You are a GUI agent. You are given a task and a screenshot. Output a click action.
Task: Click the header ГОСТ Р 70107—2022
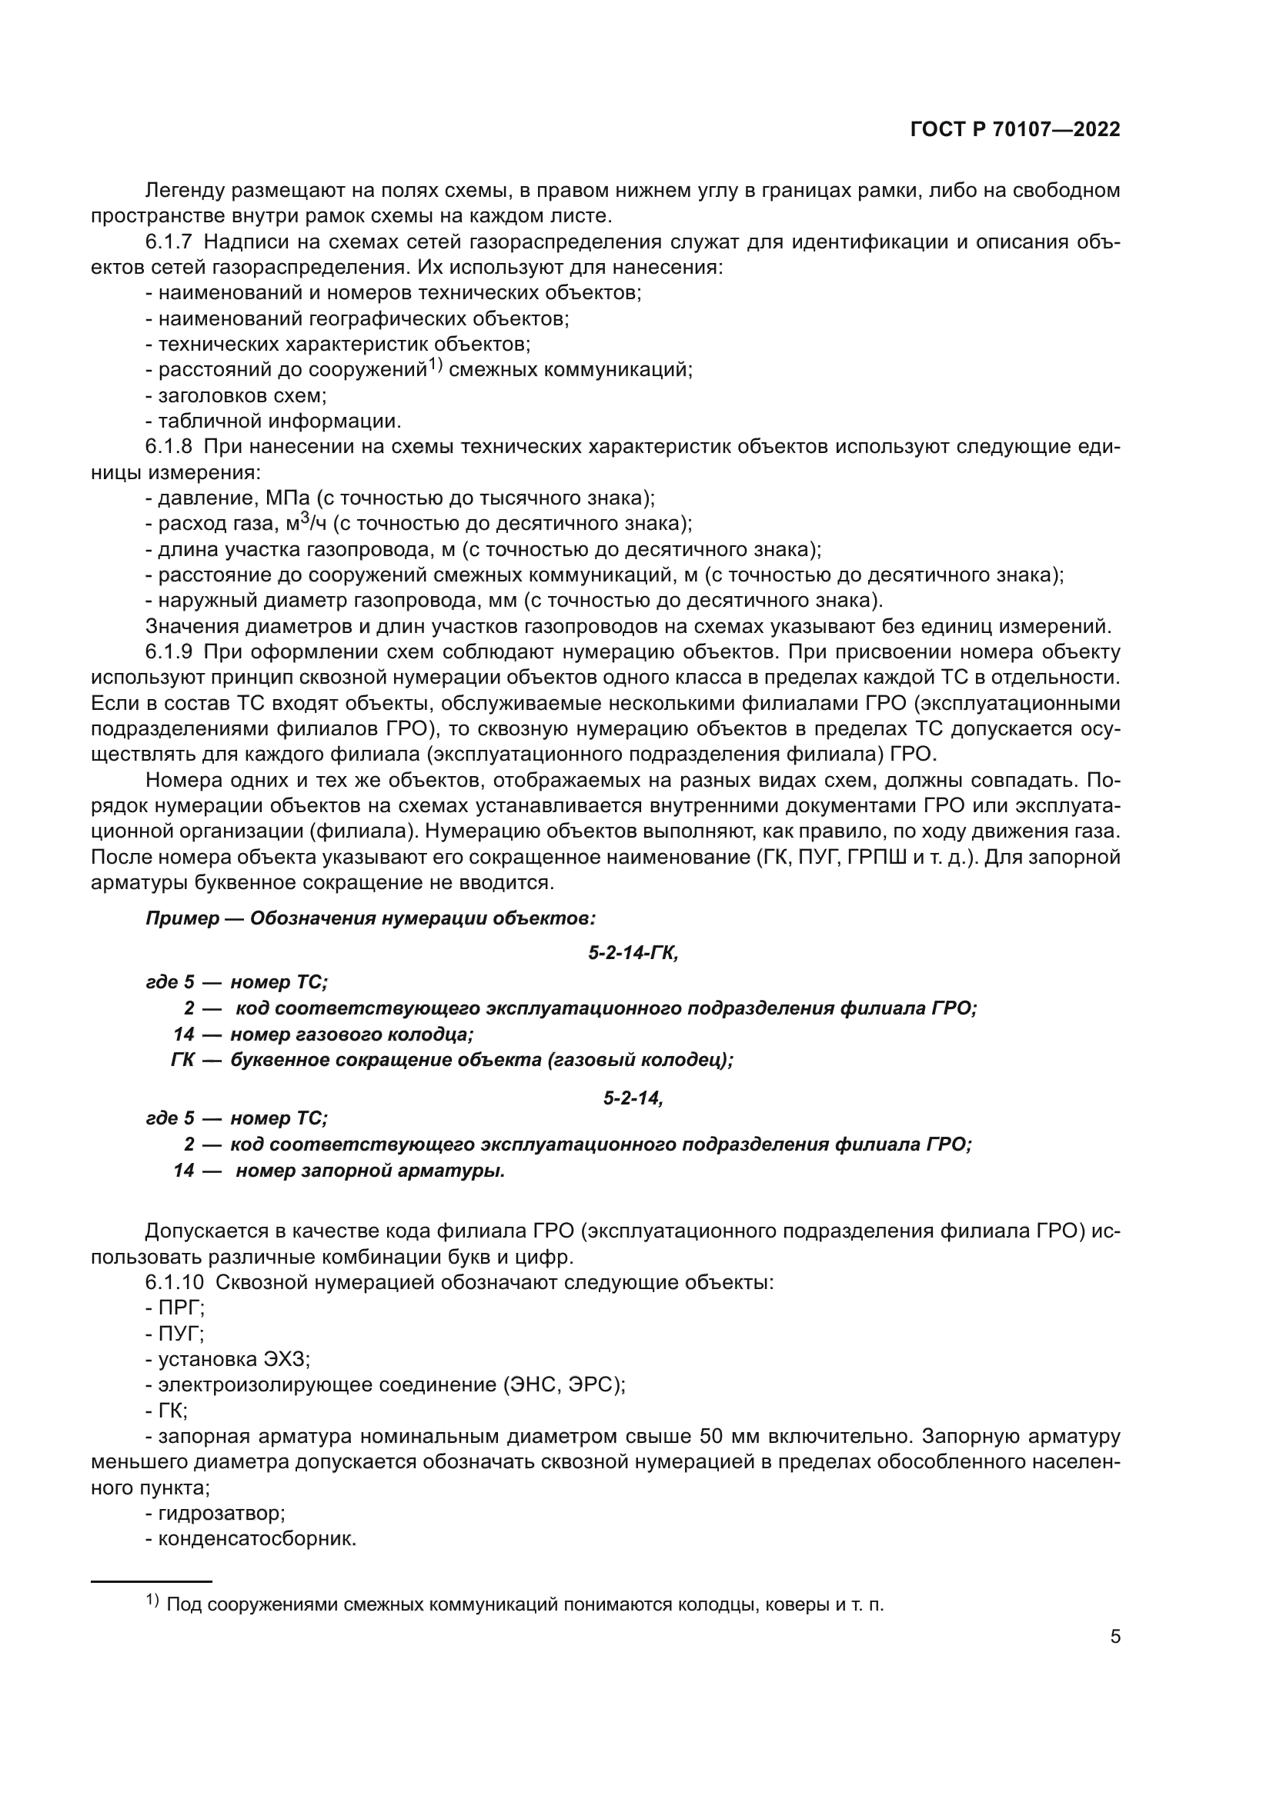[1015, 130]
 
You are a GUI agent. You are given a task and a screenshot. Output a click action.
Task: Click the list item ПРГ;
[181, 1308]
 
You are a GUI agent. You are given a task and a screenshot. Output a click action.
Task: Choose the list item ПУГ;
[181, 1334]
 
